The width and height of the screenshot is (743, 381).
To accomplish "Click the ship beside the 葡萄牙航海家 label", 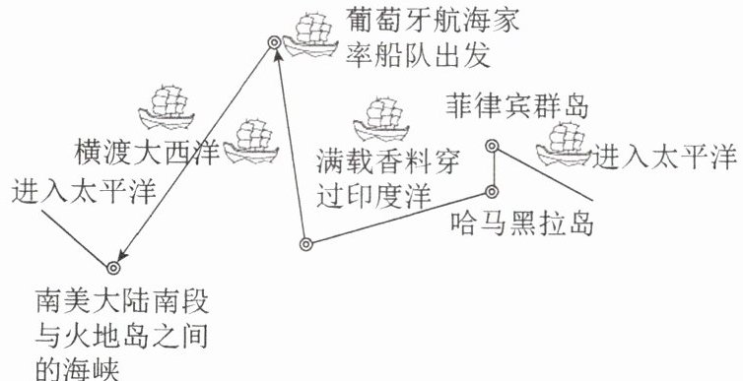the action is click(x=310, y=34).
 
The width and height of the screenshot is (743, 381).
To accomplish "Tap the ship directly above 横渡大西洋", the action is click(x=167, y=107).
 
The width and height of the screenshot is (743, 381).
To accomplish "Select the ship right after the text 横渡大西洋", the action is click(x=250, y=142).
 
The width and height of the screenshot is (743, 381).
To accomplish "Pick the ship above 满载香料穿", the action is click(x=380, y=119).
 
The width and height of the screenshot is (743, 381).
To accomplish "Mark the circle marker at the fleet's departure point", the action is click(x=274, y=42).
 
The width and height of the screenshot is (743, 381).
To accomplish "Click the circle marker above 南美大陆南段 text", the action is click(x=112, y=268).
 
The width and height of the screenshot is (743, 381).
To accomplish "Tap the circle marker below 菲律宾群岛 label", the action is click(x=492, y=146).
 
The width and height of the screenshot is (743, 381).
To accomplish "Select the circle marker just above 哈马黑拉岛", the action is click(x=492, y=192).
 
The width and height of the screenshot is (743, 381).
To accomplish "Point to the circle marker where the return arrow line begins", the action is click(x=306, y=244).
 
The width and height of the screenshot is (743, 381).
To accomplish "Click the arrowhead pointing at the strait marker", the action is click(x=122, y=256).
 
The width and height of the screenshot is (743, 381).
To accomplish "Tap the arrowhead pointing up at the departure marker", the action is click(x=279, y=55).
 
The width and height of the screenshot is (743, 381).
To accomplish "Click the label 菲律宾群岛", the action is click(x=517, y=107).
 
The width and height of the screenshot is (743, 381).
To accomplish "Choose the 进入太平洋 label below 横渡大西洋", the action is click(x=84, y=192).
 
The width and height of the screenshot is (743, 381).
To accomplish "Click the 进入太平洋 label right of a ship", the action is click(x=664, y=157).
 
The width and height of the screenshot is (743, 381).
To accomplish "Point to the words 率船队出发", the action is click(x=418, y=57).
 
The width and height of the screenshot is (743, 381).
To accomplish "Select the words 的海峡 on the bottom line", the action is click(x=78, y=370).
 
